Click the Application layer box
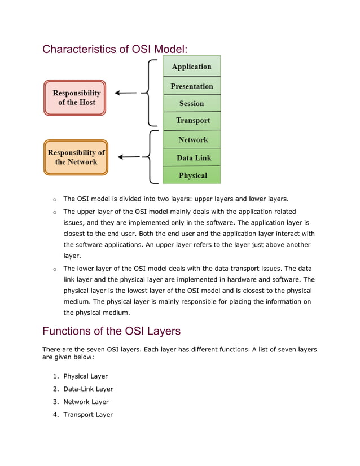coord(191,66)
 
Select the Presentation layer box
coord(191,86)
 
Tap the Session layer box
coord(191,103)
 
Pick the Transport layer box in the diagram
coord(191,121)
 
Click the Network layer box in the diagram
coord(191,139)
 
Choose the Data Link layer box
coord(191,157)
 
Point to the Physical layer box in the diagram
coord(191,175)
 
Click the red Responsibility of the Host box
coord(75,98)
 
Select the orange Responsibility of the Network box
coord(76,157)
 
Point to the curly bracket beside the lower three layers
coord(150,157)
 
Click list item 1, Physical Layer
coord(85,376)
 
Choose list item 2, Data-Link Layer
coord(88,389)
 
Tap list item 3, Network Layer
coord(86,402)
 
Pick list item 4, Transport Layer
coord(88,415)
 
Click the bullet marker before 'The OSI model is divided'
coord(54,200)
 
